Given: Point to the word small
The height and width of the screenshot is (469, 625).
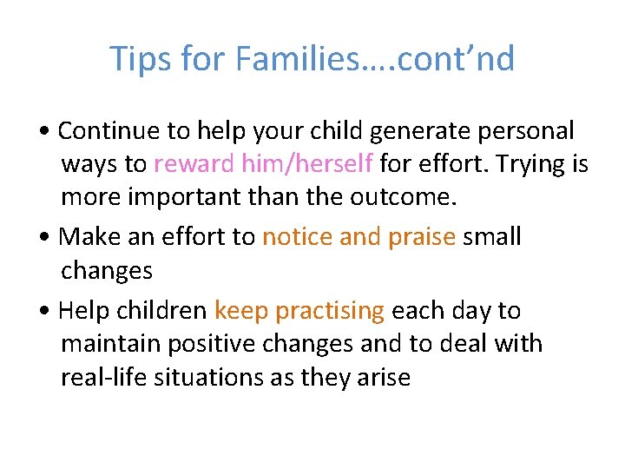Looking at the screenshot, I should point(493,237).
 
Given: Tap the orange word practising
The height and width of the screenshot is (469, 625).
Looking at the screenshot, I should point(329,311).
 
